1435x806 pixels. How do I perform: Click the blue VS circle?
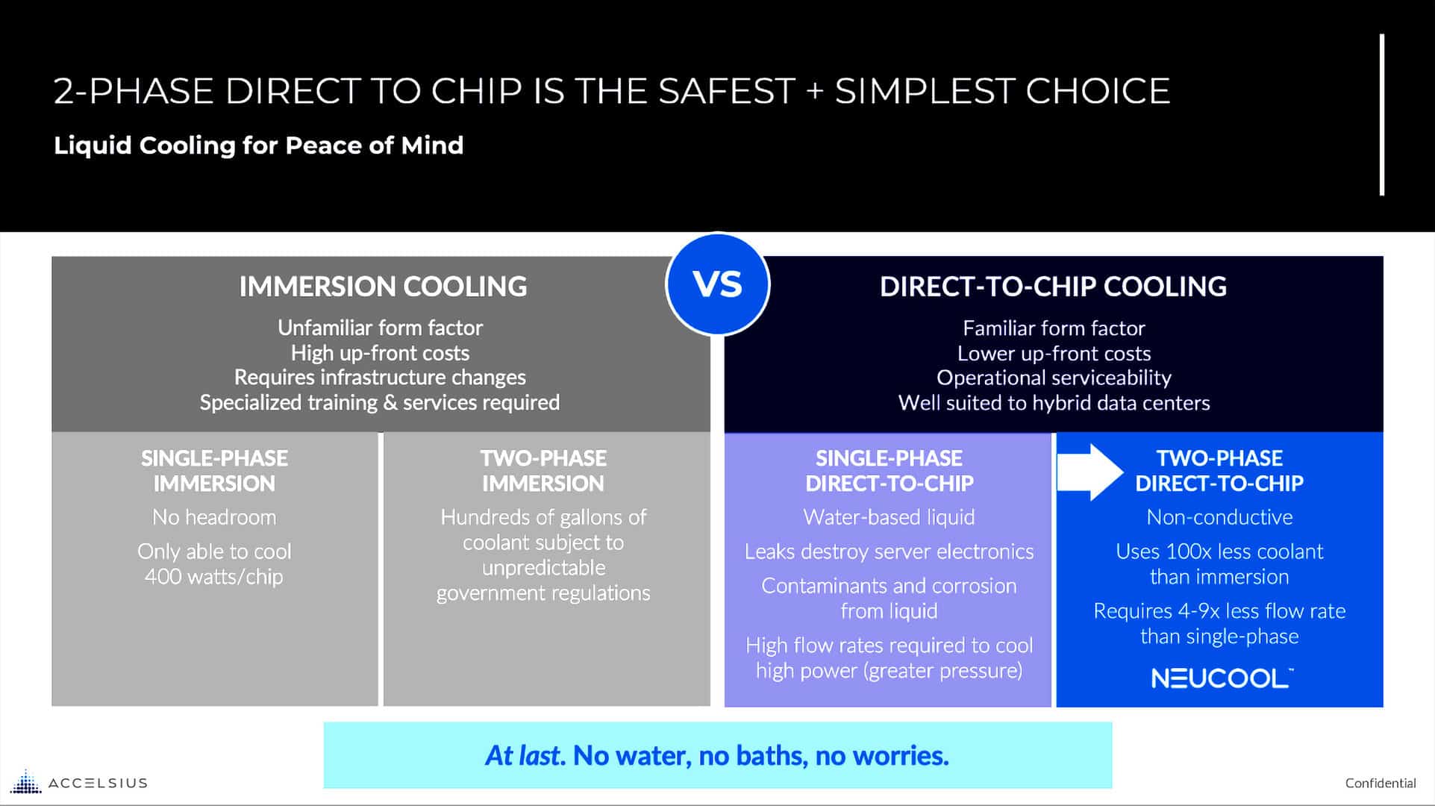tap(717, 284)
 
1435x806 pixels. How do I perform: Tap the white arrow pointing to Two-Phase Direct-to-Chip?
tap(1089, 472)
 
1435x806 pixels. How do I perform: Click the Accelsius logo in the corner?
tap(78, 782)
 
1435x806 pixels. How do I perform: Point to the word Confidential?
tap(1380, 783)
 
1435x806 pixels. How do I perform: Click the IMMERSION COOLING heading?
tap(383, 287)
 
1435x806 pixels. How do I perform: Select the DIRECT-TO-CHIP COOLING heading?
tap(1053, 287)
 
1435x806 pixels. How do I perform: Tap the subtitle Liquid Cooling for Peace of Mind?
tap(258, 145)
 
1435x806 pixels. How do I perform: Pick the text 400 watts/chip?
tap(214, 577)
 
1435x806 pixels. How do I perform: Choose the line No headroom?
tap(214, 517)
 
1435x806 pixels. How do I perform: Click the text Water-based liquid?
tap(889, 517)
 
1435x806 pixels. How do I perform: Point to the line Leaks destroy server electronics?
tap(889, 552)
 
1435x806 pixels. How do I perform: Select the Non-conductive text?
tap(1219, 517)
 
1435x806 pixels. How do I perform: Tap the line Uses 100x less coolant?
tap(1219, 552)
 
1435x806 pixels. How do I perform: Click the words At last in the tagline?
tap(522, 755)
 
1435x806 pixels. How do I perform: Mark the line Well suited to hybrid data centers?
tap(1054, 403)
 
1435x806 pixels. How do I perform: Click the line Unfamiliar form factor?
tap(380, 328)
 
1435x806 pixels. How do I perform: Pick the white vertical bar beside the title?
tap(1382, 115)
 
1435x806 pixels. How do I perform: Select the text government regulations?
tap(543, 593)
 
